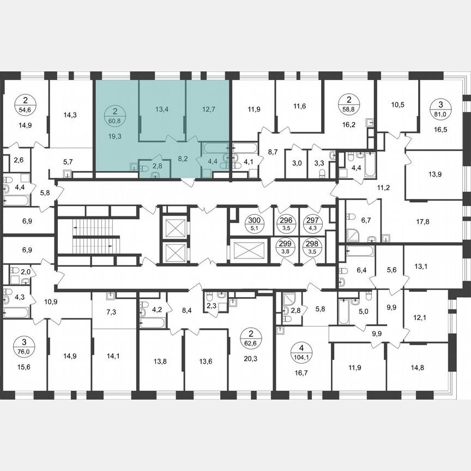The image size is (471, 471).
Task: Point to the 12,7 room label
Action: (208, 109)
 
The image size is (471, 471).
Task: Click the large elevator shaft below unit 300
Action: (249, 251)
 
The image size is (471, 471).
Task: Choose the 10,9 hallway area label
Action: (51, 301)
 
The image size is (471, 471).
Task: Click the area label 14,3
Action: (70, 115)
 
